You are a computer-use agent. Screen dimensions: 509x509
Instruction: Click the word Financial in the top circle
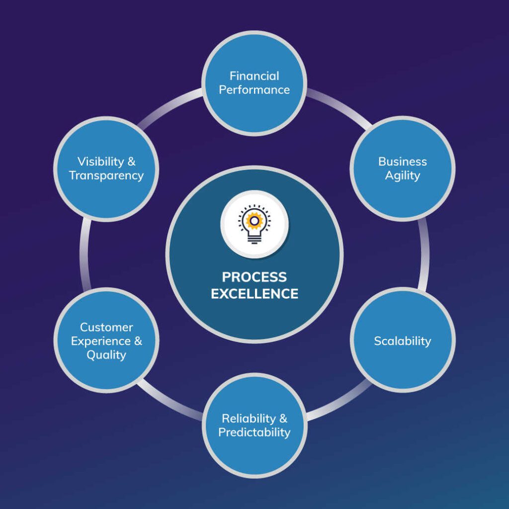[x=254, y=76]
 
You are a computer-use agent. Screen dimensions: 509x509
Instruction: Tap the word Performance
[x=254, y=90]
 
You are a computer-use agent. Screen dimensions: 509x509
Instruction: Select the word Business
[x=402, y=162]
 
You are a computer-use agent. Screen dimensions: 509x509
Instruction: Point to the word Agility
[x=403, y=175]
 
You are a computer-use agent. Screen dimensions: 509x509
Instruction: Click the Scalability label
[x=403, y=341]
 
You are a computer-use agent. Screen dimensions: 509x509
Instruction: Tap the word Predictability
[x=254, y=432]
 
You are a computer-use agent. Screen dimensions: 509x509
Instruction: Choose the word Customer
[x=106, y=327]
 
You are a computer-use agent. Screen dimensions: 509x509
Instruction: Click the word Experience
[x=101, y=341]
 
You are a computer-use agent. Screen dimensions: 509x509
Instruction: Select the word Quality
[x=106, y=355]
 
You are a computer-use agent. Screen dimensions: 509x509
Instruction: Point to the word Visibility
[x=100, y=162]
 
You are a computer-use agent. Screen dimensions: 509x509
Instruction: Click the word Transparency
[x=106, y=175]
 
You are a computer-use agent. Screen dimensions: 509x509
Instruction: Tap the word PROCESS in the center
[x=254, y=277]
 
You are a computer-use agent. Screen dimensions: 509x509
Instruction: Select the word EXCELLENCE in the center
[x=254, y=293]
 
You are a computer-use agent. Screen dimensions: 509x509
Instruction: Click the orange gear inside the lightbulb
[x=254, y=221]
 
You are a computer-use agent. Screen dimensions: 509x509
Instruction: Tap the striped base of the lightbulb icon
[x=254, y=240]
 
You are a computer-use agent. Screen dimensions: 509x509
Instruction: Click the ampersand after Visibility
[x=131, y=162]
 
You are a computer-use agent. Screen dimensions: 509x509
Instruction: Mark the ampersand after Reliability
[x=283, y=419]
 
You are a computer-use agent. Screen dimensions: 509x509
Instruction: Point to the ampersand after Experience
[x=138, y=341]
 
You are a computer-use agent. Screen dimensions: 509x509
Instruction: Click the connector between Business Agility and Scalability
[x=424, y=254]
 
